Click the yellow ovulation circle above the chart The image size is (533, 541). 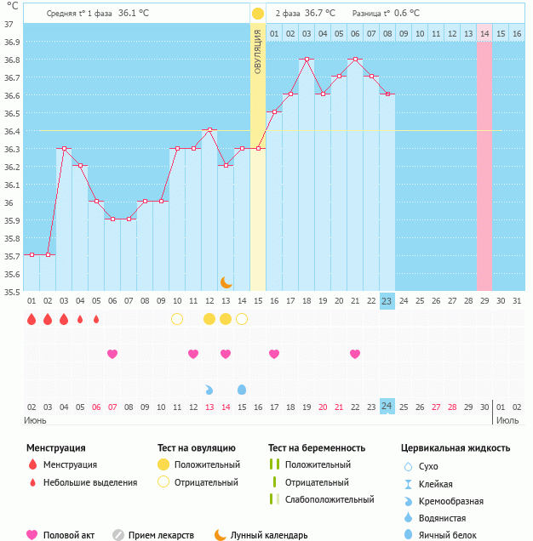257,14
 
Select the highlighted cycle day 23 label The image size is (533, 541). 387,300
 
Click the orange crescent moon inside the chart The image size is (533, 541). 226,282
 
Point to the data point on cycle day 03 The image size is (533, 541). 64,149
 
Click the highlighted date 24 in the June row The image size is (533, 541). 387,407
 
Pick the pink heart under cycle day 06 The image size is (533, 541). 112,354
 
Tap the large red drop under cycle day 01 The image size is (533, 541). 32,319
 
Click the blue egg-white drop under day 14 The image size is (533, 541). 242,389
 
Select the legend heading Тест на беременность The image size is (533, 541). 317,447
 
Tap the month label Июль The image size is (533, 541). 507,420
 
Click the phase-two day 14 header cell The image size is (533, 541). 484,33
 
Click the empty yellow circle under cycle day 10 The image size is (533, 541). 177,319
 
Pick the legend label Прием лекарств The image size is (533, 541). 161,535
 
